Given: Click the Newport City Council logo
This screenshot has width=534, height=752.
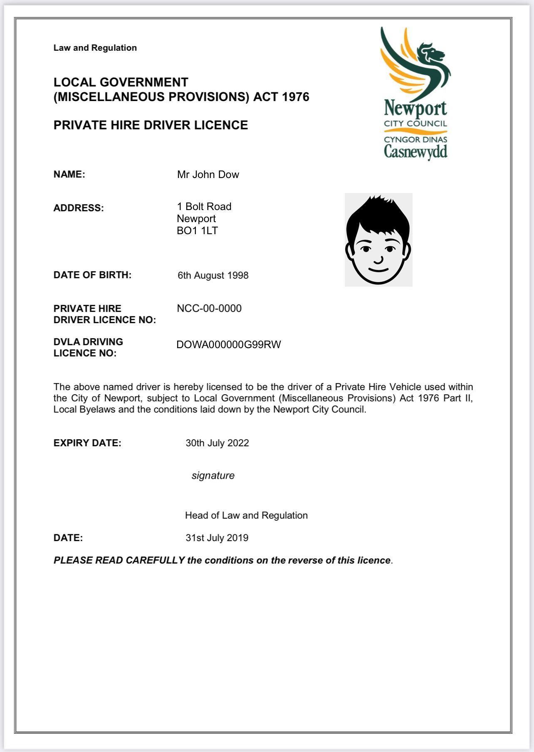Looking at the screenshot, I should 415,94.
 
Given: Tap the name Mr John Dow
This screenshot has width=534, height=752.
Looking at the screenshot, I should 208,174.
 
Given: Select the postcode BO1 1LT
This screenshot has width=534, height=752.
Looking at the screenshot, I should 197,231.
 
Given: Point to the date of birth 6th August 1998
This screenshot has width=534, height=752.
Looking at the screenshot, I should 213,275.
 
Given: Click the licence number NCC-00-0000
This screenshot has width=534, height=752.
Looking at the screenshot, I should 209,308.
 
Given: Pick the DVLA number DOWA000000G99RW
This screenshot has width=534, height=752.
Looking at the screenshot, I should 229,344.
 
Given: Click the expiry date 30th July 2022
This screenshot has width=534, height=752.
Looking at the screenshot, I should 217,443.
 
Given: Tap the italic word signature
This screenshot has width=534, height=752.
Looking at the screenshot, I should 213,475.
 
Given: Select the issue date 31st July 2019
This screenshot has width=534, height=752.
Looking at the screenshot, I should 217,538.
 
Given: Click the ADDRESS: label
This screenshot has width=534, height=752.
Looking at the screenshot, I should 79,208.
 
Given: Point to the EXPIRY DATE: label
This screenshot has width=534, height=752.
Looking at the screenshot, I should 87,443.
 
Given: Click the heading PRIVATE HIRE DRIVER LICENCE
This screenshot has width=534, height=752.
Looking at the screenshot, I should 151,125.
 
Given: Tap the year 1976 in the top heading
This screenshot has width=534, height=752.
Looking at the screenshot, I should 295,97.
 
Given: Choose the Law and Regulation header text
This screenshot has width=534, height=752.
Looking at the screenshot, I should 95,48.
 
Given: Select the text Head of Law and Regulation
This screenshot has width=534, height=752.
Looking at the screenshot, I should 246,515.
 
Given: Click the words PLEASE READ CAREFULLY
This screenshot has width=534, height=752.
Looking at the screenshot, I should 119,560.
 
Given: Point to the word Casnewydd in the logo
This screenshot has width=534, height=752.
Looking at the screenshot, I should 415,151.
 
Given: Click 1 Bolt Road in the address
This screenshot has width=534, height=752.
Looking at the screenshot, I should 204,206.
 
